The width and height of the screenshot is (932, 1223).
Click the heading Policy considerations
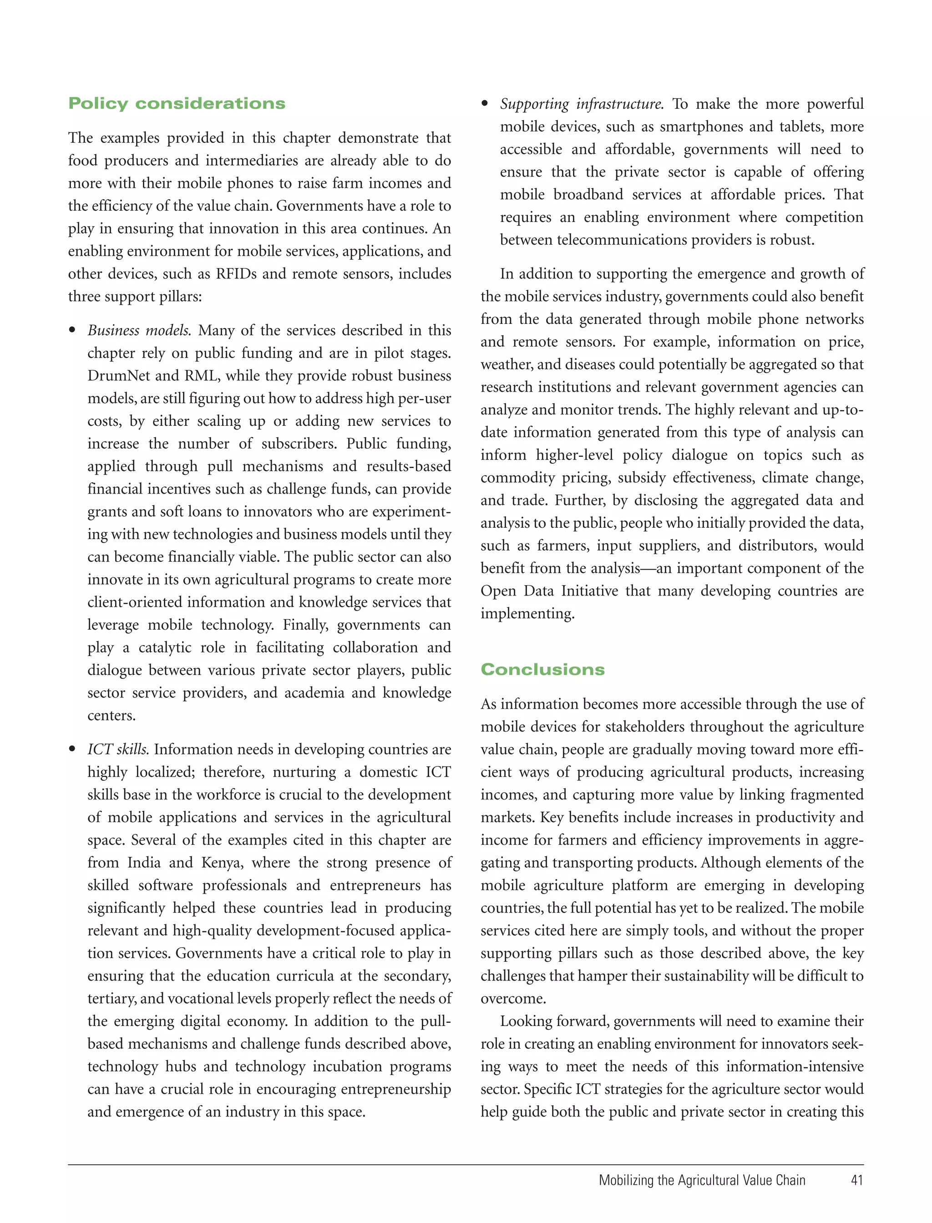[x=177, y=104]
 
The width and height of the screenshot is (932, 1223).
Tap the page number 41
[x=856, y=1180]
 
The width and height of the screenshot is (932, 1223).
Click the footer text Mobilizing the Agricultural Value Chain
[x=702, y=1180]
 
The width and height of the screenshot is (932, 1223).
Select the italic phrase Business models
[x=139, y=331]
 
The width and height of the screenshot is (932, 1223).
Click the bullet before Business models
[x=72, y=331]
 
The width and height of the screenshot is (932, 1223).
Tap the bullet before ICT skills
[x=72, y=749]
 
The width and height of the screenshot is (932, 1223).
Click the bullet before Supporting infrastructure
[x=485, y=104]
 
